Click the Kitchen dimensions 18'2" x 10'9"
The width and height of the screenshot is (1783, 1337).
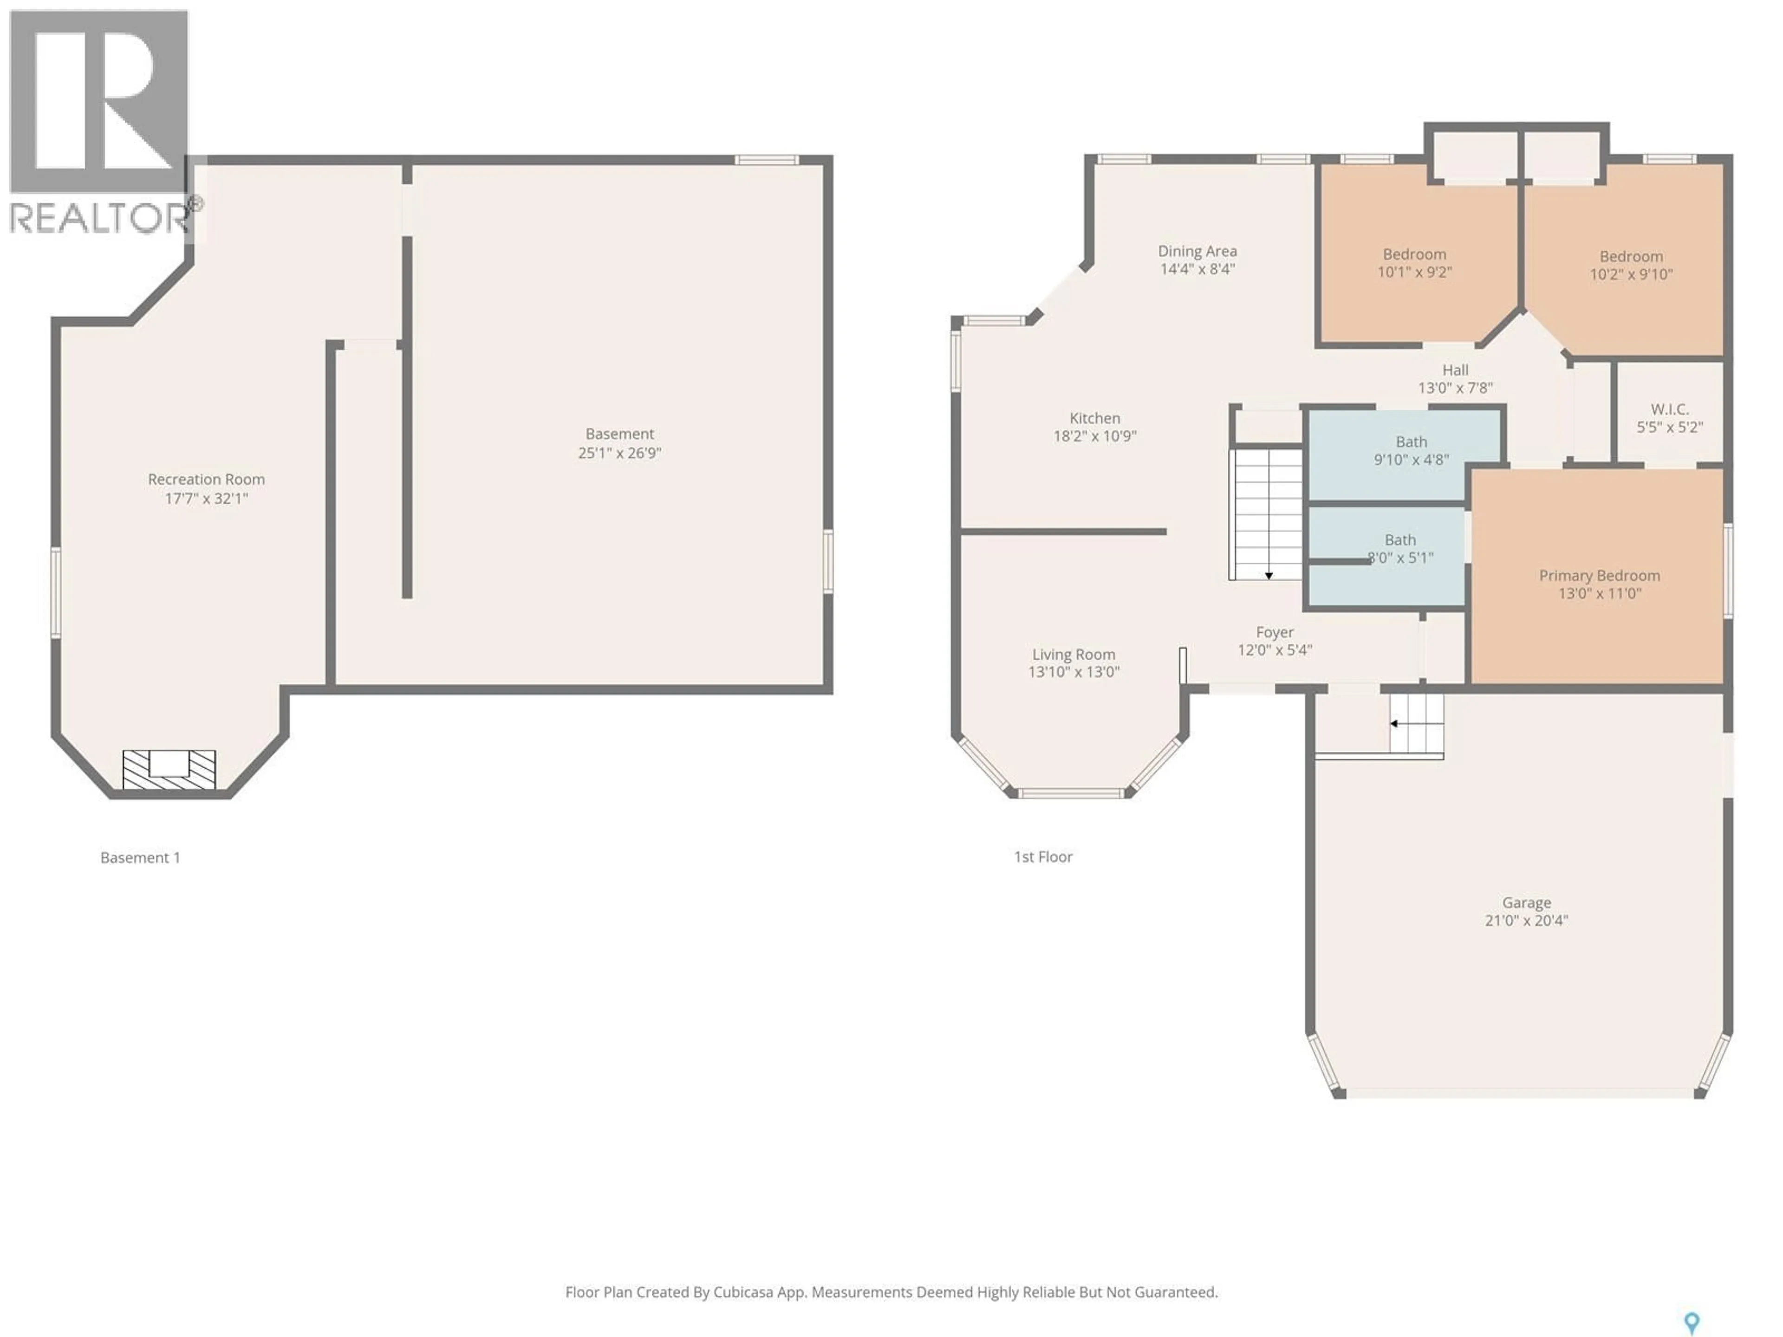coord(1094,436)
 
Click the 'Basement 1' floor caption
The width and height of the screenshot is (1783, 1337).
coord(140,857)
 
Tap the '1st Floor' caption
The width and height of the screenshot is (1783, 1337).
coord(1042,857)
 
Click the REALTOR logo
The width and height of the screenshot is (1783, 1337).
coord(100,121)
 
